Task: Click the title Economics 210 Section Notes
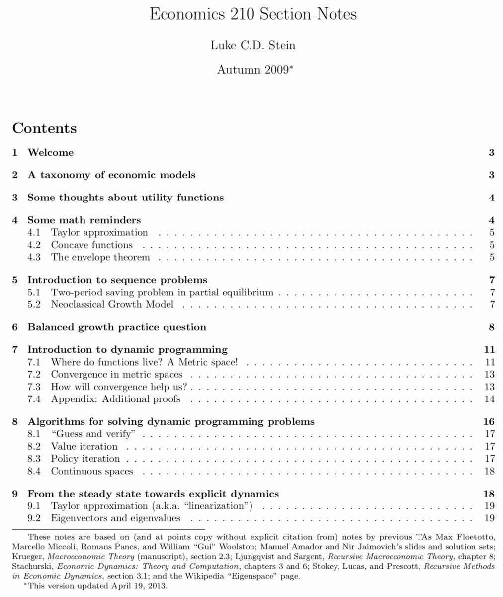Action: (x=253, y=14)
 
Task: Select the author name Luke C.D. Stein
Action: (x=253, y=45)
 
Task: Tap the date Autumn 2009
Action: (x=253, y=70)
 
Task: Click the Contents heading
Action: (x=45, y=128)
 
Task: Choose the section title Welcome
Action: (x=50, y=153)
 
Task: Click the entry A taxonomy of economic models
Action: (x=111, y=175)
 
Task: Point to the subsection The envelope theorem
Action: (x=100, y=258)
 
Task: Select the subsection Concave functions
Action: (x=92, y=245)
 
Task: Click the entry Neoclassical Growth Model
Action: (x=112, y=304)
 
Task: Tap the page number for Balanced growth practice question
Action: (x=491, y=327)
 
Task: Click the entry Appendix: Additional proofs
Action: (x=115, y=399)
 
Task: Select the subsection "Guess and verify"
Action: (x=93, y=434)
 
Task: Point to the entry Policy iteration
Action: (x=85, y=459)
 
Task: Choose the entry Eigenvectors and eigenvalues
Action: (x=115, y=518)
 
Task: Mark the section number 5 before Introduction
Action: (x=15, y=280)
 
